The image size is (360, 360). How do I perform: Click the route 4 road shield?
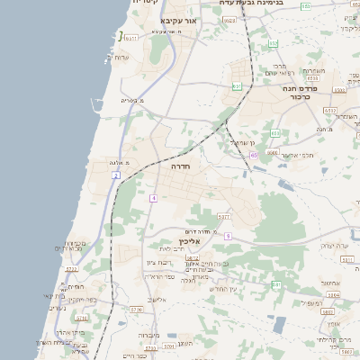154,197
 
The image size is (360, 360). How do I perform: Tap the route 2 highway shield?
116,175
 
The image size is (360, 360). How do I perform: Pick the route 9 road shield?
229,236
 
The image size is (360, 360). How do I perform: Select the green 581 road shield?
276,284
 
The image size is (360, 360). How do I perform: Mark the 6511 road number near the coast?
131,39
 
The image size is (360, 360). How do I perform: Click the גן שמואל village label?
243,142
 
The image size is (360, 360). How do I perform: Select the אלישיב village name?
157,299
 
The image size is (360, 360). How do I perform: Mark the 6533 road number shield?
329,111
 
